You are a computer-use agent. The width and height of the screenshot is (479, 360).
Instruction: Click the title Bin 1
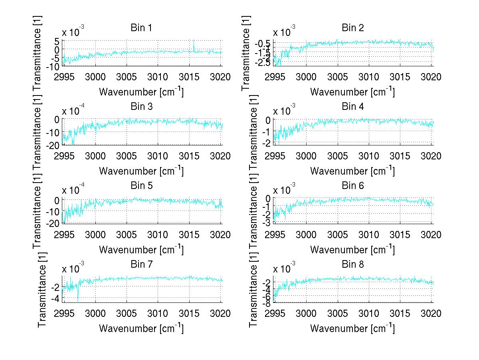point(141,28)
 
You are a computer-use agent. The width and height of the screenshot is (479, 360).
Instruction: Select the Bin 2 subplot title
point(352,28)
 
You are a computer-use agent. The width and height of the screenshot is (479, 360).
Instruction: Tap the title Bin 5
point(141,186)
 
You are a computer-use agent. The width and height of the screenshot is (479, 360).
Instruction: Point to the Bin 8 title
point(352,265)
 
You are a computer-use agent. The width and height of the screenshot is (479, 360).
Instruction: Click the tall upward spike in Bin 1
point(194,42)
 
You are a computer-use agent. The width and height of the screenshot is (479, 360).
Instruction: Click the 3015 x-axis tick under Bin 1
point(190,77)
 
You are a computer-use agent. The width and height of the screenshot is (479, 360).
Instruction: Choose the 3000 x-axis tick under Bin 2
point(306,77)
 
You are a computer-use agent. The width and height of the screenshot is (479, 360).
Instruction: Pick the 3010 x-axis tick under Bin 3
point(158,156)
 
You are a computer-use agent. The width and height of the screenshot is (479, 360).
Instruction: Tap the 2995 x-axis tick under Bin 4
point(275,156)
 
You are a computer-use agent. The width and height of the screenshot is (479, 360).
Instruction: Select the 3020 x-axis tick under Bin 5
point(221,235)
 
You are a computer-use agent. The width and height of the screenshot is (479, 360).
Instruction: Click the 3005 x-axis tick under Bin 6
point(338,235)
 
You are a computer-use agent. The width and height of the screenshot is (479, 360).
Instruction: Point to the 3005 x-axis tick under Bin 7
point(127,313)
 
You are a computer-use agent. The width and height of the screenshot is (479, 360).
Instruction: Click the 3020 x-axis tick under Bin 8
point(432,313)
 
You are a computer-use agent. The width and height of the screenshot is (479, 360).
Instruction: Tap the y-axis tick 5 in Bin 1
point(57,41)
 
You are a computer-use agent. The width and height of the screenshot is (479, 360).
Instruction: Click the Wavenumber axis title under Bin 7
point(141,328)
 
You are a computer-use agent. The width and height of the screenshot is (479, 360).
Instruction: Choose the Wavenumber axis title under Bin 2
point(352,92)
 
